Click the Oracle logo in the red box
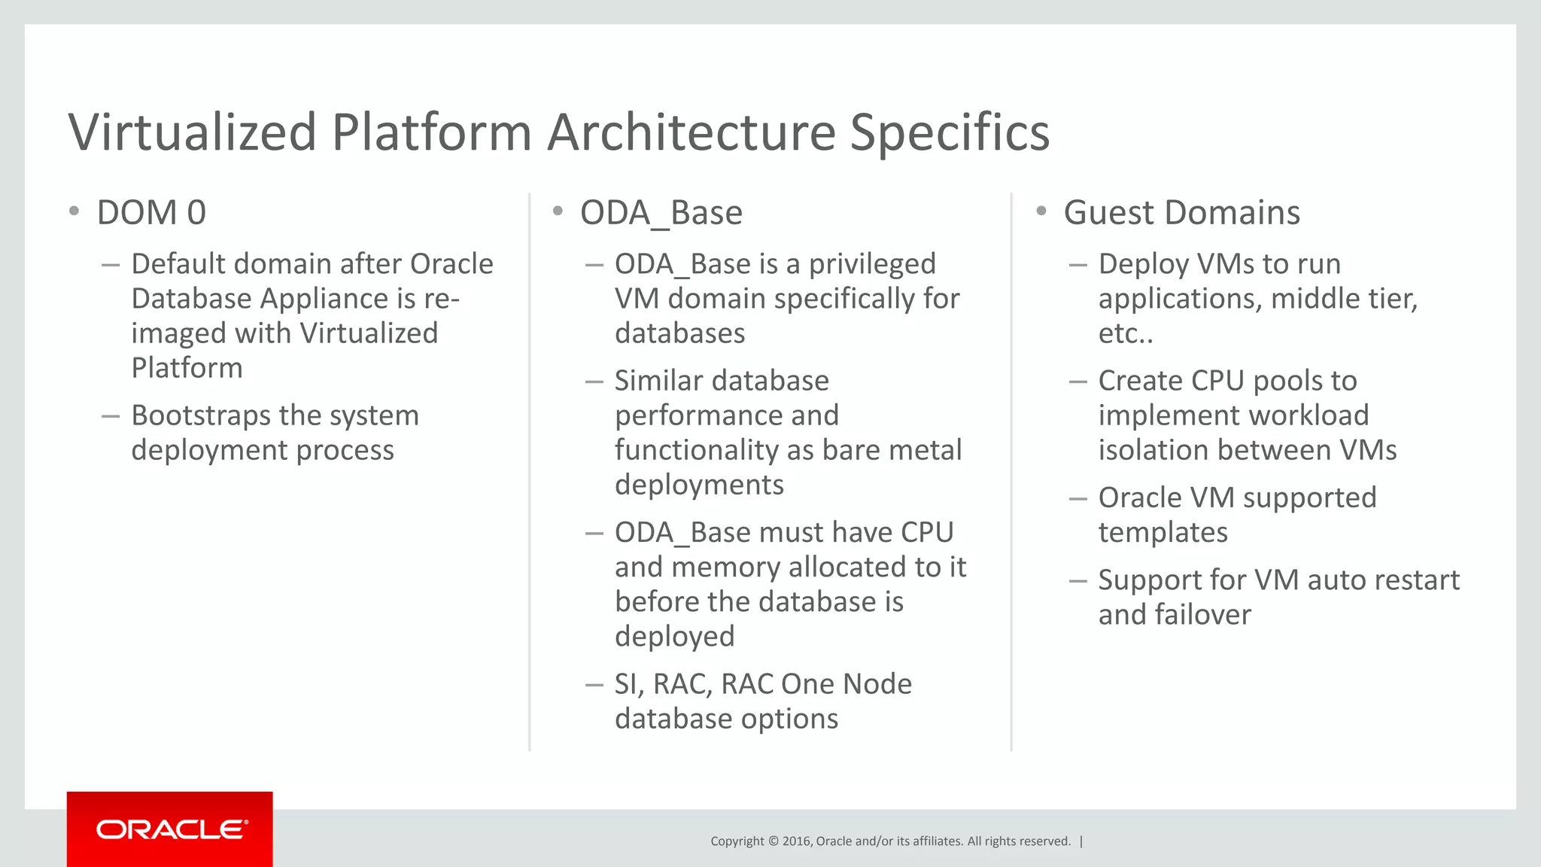tap(172, 829)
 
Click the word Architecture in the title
tap(691, 132)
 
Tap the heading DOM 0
tap(151, 213)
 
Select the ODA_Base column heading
tap(661, 213)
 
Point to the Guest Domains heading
tap(1181, 213)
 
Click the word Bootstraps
tap(200, 415)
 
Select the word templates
tap(1163, 533)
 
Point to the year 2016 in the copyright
tap(796, 841)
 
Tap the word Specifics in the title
tap(950, 132)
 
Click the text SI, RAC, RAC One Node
tap(762, 684)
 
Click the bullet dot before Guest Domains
tap(1041, 211)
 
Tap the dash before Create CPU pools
tap(1077, 382)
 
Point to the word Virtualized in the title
tap(193, 132)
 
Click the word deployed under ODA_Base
tap(674, 637)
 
